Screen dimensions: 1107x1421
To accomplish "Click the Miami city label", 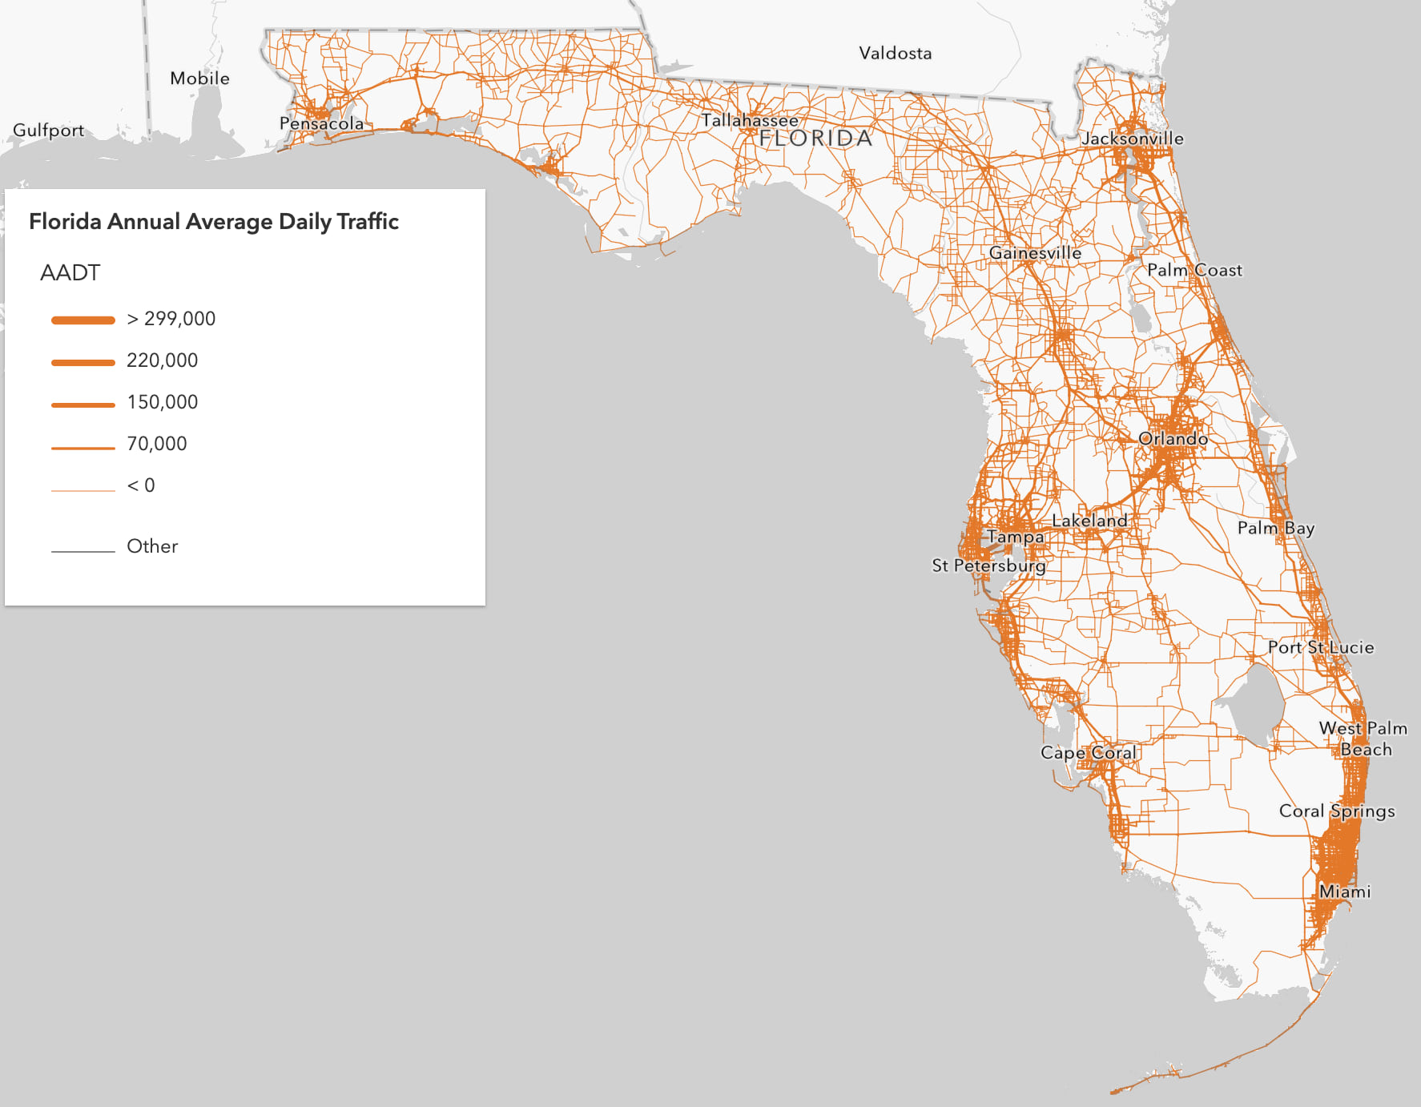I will [1344, 892].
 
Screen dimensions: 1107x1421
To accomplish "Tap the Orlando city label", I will [1173, 439].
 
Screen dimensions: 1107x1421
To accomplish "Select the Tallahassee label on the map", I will [750, 121].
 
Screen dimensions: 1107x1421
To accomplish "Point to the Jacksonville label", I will [1132, 139].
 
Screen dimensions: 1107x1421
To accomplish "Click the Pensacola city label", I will [321, 123].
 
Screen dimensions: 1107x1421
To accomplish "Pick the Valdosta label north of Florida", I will [895, 54].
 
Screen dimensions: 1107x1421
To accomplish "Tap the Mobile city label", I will [199, 78].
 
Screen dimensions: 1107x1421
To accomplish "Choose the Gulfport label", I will [48, 131].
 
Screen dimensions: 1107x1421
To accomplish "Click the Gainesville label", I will [1035, 253].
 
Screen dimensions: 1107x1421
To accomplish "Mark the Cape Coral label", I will [1089, 753].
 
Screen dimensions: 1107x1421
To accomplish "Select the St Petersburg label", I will [988, 566].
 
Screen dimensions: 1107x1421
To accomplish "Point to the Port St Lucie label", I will [1320, 647].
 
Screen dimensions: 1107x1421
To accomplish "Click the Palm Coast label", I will [1194, 271].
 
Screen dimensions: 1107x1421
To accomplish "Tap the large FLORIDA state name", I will [815, 139].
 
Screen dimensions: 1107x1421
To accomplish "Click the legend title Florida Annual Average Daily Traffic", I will [214, 222].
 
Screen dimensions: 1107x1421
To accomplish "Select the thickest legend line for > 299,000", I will [83, 320].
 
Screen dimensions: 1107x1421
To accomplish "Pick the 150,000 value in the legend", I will [162, 402].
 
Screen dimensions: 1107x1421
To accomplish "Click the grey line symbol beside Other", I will [83, 551].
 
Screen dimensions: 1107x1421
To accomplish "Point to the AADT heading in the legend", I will [70, 273].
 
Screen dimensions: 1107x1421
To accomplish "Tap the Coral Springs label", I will [1336, 811].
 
